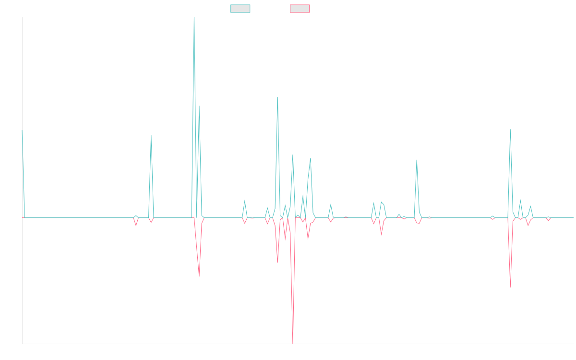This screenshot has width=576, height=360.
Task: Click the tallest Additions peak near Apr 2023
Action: [194, 18]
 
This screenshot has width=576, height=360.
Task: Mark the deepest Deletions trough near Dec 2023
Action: [293, 343]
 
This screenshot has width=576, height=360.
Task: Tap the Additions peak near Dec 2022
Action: [151, 135]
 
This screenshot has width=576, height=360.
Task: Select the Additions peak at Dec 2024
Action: [417, 160]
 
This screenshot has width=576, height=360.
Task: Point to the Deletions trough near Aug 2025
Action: [510, 287]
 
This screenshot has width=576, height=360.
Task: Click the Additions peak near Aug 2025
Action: [510, 130]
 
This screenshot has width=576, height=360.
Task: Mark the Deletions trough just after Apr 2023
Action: [199, 276]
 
